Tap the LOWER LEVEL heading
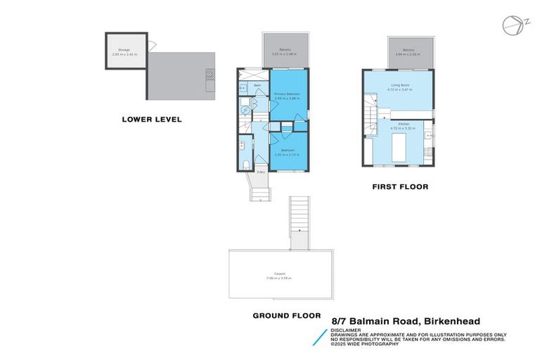pos(152,120)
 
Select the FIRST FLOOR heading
pos(400,187)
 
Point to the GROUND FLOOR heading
pos(286,316)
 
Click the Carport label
pos(279,275)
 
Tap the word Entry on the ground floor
pos(260,172)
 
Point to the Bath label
pos(257,86)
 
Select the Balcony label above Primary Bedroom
pos(285,50)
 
